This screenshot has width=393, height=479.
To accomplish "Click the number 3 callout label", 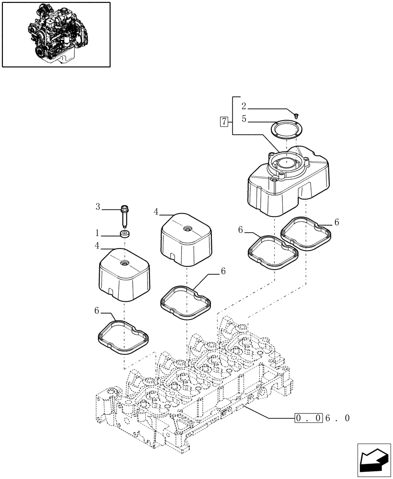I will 98,207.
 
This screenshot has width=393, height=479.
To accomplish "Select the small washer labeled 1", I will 125,234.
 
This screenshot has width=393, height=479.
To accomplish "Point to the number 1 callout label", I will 97,233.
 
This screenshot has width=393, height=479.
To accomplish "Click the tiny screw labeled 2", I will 297,115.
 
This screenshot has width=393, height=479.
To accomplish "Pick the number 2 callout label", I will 243,106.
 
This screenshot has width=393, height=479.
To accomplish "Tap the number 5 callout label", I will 243,119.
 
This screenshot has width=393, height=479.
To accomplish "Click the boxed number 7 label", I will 223,121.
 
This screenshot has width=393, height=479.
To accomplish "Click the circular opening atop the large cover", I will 286,163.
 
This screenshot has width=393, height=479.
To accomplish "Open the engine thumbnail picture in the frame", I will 56,34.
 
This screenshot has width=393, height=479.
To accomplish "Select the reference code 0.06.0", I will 322,418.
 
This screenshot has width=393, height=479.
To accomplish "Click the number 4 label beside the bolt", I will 156,211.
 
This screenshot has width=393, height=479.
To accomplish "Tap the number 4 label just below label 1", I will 97,246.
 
